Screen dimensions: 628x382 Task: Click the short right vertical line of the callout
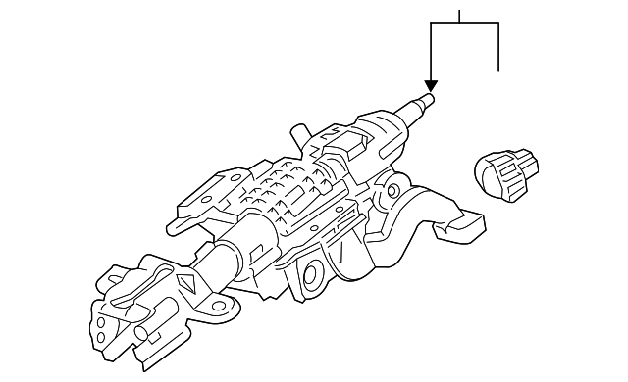499,47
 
